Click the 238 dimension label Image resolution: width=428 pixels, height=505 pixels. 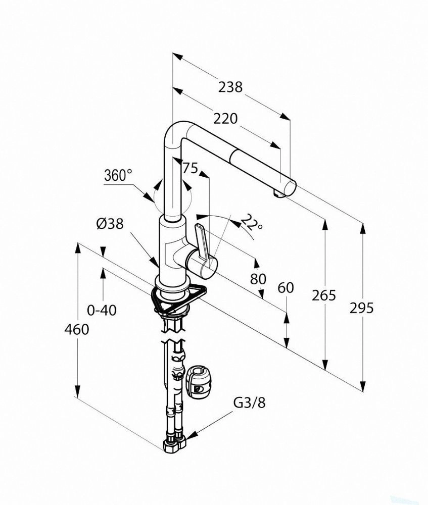(230, 87)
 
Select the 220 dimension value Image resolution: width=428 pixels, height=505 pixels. (225, 119)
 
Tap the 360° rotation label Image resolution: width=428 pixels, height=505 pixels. (118, 176)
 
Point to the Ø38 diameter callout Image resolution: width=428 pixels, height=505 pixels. (110, 224)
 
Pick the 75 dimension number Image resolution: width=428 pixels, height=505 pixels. (190, 168)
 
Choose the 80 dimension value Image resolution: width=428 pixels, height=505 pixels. (258, 279)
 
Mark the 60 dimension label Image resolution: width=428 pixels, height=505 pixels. (286, 288)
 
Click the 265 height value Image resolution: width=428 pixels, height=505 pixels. (323, 295)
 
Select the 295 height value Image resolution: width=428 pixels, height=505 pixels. (362, 308)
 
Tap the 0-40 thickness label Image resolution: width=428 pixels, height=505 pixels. (102, 310)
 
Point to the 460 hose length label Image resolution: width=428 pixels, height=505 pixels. (77, 329)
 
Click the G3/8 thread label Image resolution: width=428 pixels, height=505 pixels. (250, 402)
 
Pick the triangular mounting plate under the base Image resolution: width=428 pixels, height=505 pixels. (178, 298)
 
